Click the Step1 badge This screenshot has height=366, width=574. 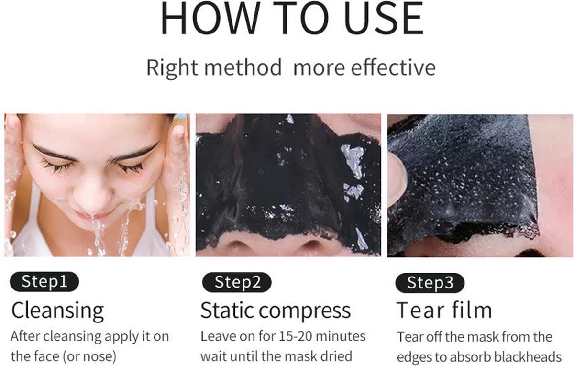[x=44, y=282]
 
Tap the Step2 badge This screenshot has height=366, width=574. [x=237, y=282]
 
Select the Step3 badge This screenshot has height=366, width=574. [x=430, y=283]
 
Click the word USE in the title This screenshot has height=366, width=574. [x=384, y=18]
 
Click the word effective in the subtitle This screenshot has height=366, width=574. [x=393, y=67]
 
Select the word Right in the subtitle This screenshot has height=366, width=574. [x=172, y=68]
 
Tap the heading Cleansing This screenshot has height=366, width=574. [x=58, y=311]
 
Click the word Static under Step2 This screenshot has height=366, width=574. [x=227, y=311]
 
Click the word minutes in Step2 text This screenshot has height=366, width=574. [x=341, y=336]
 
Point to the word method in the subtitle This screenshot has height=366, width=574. [x=243, y=67]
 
